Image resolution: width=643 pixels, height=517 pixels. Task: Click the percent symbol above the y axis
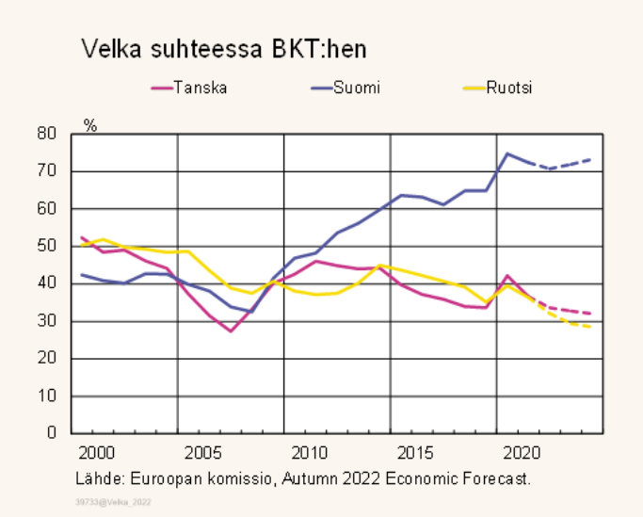pyautogui.click(x=90, y=125)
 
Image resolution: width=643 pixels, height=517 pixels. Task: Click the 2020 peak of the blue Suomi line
pyautogui.click(x=508, y=153)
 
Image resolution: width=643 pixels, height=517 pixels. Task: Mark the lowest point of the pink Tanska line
pyautogui.click(x=230, y=331)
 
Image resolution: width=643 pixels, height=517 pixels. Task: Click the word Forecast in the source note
pyautogui.click(x=498, y=477)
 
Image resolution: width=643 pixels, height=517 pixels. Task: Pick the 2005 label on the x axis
pyautogui.click(x=203, y=452)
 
